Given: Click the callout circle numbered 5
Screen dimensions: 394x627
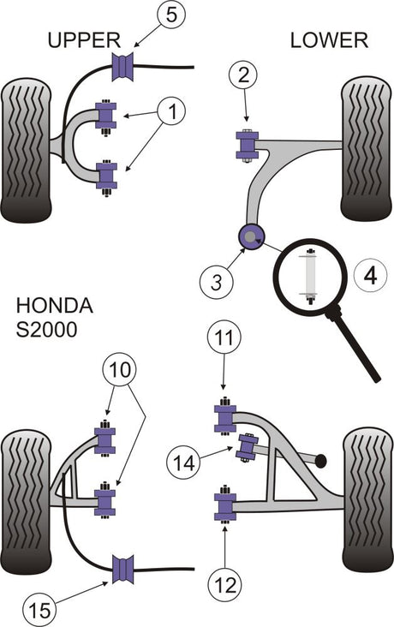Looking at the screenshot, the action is pyautogui.click(x=170, y=15).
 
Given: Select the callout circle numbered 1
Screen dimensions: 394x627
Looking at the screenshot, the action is pyautogui.click(x=172, y=111).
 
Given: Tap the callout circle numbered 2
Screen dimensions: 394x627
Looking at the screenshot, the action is pyautogui.click(x=243, y=75).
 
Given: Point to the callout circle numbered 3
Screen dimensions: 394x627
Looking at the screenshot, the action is pyautogui.click(x=216, y=284).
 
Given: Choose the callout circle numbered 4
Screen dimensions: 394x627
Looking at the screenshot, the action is pyautogui.click(x=371, y=276).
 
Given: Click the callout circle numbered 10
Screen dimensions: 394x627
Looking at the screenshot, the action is pyautogui.click(x=120, y=370).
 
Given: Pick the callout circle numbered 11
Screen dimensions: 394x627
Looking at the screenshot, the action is pyautogui.click(x=224, y=338).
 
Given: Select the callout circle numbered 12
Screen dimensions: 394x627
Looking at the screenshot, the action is pyautogui.click(x=225, y=585).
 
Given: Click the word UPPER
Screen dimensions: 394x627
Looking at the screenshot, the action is pyautogui.click(x=84, y=40).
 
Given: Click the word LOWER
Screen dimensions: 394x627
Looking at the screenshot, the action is pyautogui.click(x=329, y=40).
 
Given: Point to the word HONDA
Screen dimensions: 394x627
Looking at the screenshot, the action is pyautogui.click(x=55, y=306).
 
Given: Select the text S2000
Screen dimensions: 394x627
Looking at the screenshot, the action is pyautogui.click(x=46, y=331).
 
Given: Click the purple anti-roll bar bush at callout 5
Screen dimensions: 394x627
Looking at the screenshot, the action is pyautogui.click(x=122, y=66).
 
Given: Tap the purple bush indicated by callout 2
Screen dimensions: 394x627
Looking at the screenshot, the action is pyautogui.click(x=248, y=145).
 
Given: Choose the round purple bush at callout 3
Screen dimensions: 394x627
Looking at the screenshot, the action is pyautogui.click(x=251, y=236).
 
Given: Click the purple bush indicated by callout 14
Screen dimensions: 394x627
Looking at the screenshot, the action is pyautogui.click(x=247, y=446).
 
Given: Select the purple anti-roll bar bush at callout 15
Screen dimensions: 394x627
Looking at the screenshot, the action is pyautogui.click(x=122, y=570).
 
